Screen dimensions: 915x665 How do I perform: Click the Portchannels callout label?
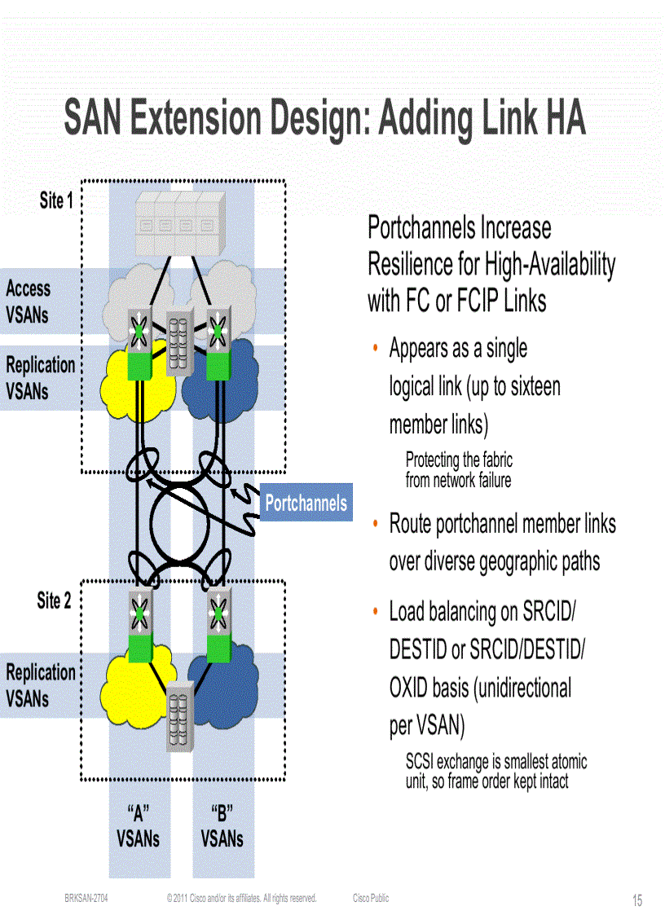[306, 504]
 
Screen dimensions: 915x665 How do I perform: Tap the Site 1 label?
[56, 200]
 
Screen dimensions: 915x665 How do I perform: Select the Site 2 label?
[54, 601]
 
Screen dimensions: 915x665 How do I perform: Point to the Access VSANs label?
[28, 301]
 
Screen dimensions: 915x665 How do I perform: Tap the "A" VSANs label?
[139, 825]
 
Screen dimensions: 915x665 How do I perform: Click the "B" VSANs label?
[222, 825]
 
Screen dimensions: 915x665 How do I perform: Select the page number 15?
[637, 900]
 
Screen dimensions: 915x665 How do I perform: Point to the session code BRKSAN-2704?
[86, 899]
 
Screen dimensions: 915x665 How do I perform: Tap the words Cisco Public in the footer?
[371, 899]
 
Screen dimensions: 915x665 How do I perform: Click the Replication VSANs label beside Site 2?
[41, 684]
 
